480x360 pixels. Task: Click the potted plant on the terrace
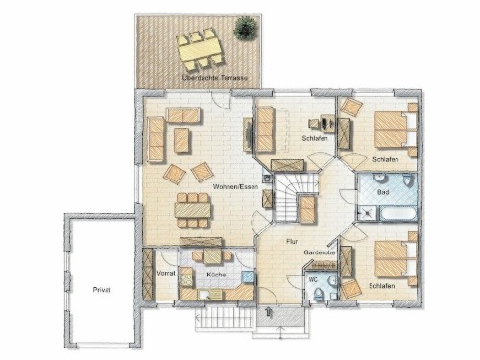246,28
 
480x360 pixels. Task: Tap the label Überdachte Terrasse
214,78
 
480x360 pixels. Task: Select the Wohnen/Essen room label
235,186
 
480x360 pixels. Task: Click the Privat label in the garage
102,290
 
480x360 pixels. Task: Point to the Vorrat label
166,274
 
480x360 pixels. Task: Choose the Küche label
216,275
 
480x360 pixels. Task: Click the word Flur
292,242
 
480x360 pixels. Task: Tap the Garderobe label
320,252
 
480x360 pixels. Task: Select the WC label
313,280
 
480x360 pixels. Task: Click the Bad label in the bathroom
383,192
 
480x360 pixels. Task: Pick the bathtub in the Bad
398,214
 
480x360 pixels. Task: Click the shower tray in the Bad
367,213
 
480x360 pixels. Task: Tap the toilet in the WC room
319,294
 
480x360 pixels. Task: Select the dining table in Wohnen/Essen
193,210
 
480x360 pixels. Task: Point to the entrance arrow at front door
268,312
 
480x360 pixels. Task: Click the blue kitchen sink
248,276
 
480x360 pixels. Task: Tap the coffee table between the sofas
181,140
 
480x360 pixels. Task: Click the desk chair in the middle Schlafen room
313,123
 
